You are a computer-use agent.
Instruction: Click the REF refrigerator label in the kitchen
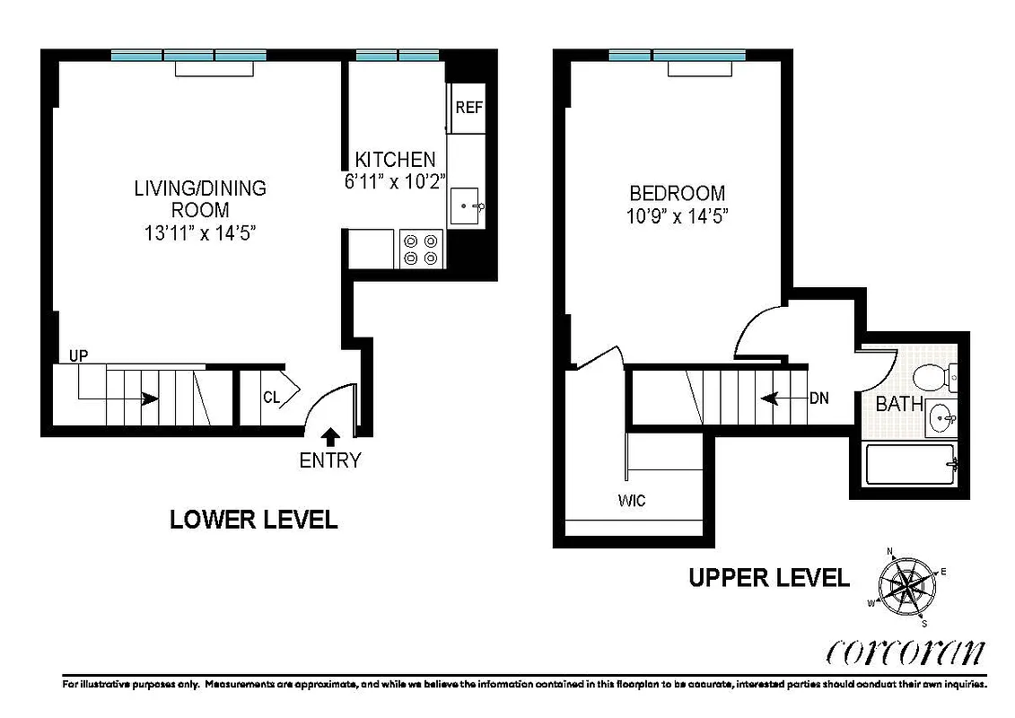[468, 108]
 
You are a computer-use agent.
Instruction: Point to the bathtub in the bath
[909, 464]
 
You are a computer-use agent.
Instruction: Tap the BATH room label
[899, 404]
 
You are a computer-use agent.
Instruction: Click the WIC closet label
[630, 501]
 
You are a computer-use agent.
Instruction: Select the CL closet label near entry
[272, 397]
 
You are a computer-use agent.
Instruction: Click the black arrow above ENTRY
[330, 436]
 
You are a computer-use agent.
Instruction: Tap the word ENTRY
[330, 461]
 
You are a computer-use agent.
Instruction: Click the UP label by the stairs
[79, 356]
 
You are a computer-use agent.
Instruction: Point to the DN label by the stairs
[818, 398]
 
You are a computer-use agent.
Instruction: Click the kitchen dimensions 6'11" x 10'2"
[395, 180]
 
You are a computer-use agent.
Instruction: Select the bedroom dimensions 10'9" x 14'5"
[677, 216]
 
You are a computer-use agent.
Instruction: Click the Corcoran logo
[904, 652]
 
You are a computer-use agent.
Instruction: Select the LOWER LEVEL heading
[254, 520]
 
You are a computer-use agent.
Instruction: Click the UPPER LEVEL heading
[768, 578]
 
